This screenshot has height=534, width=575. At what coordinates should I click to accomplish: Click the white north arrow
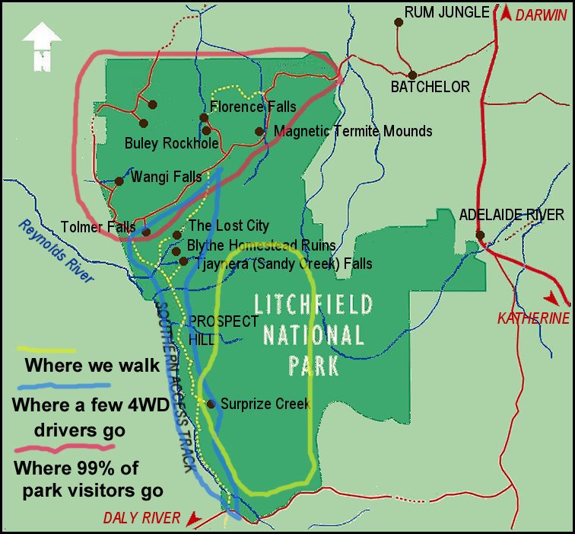click(42, 46)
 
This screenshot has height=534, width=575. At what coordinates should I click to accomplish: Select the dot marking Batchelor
click(412, 75)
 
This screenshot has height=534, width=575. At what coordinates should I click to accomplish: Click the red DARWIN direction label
click(542, 14)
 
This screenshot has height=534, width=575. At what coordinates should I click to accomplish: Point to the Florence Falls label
click(253, 107)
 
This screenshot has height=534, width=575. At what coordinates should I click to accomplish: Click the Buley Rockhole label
click(171, 143)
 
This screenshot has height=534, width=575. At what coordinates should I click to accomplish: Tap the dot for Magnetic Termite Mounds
click(259, 131)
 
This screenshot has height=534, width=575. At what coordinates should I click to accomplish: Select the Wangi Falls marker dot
click(119, 181)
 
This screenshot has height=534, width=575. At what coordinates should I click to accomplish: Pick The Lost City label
click(228, 225)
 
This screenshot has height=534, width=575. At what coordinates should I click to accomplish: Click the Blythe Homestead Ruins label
click(261, 245)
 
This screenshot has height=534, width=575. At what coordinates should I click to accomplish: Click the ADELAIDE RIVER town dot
click(480, 235)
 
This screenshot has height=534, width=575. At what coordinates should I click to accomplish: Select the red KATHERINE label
click(532, 318)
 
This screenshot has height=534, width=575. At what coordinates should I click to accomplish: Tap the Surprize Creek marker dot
click(211, 404)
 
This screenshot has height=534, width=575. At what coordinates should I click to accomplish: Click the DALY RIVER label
click(143, 518)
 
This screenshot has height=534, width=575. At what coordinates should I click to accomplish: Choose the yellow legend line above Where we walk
click(45, 350)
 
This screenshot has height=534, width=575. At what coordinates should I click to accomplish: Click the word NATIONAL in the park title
click(313, 334)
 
